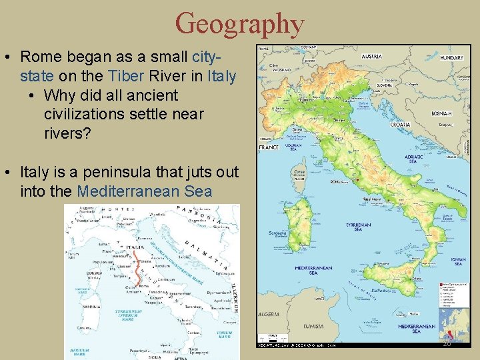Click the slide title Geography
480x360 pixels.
click(239, 24)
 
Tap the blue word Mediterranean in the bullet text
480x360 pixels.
click(128, 191)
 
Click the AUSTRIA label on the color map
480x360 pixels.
click(371, 57)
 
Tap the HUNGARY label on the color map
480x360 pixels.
click(451, 58)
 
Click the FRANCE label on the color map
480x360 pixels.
click(269, 147)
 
